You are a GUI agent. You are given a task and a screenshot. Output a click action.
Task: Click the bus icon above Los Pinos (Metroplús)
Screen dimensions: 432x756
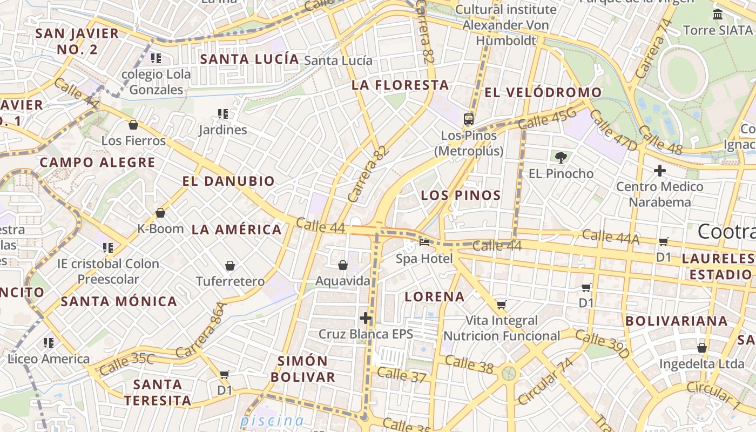point(469,119)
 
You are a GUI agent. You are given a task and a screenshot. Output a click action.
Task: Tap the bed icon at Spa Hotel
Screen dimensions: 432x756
point(424,242)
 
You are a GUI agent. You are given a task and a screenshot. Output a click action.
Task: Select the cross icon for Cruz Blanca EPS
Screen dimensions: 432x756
point(366,318)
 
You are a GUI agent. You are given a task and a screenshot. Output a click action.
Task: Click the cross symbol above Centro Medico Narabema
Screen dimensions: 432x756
point(659,171)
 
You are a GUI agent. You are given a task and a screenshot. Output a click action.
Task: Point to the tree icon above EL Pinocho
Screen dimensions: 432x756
point(561,157)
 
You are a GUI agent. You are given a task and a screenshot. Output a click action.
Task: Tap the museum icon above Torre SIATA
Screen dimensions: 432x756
point(718,15)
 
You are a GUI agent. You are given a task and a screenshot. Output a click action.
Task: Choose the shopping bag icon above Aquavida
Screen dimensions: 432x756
point(343,265)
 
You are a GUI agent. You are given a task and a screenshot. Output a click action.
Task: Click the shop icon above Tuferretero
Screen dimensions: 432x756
point(230,266)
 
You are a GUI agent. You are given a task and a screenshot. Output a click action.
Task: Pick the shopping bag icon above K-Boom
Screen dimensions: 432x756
point(160,213)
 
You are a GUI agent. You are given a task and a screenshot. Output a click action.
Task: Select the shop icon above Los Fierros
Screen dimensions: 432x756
point(133,125)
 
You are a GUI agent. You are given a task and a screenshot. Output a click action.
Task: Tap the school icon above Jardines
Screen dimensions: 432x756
point(222,113)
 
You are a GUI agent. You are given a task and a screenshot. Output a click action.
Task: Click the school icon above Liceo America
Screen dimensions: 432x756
point(49,343)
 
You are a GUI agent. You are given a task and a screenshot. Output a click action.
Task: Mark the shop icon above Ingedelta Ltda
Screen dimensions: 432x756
point(702,348)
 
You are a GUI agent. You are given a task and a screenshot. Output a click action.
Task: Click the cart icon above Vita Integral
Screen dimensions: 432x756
point(502,305)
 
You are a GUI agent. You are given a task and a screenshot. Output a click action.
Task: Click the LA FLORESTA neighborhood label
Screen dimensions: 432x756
point(400,85)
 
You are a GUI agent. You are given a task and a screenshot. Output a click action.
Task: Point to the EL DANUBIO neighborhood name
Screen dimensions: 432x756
point(228,181)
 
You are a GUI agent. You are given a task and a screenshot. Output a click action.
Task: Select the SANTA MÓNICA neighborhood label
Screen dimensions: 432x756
point(119,301)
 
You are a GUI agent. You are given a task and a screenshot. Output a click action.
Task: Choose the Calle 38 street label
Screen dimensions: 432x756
point(469,364)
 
